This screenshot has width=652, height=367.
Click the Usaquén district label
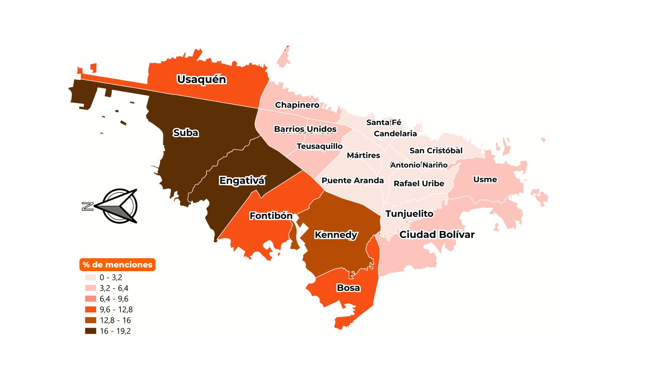pyautogui.click(x=201, y=79)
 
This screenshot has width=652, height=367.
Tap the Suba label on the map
pyautogui.click(x=185, y=133)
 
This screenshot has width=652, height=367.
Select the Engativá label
pyautogui.click(x=241, y=180)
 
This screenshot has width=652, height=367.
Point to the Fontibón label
pyautogui.click(x=271, y=216)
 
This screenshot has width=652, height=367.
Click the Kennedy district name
pyautogui.click(x=336, y=235)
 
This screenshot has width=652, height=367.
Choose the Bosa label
pyautogui.click(x=348, y=288)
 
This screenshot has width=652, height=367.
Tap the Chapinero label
pyautogui.click(x=297, y=105)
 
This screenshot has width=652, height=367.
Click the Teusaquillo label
pyautogui.click(x=319, y=146)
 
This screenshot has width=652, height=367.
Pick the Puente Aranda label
pyautogui.click(x=352, y=180)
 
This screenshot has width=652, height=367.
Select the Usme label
pyautogui.click(x=485, y=179)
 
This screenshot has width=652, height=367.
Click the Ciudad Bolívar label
pyautogui.click(x=437, y=234)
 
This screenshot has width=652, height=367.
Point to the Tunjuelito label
pyautogui.click(x=409, y=214)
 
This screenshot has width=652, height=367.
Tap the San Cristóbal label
pyautogui.click(x=436, y=151)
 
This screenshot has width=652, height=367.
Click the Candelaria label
pyautogui.click(x=395, y=134)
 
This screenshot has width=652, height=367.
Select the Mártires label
pyautogui.click(x=363, y=155)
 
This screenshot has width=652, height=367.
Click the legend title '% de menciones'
pyautogui.click(x=117, y=265)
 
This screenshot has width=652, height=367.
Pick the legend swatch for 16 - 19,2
pyautogui.click(x=91, y=331)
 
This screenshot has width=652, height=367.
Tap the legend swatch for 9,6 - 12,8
pyautogui.click(x=91, y=310)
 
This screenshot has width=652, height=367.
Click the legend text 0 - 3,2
pyautogui.click(x=111, y=278)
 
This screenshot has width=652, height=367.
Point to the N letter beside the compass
pyautogui.click(x=88, y=206)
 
